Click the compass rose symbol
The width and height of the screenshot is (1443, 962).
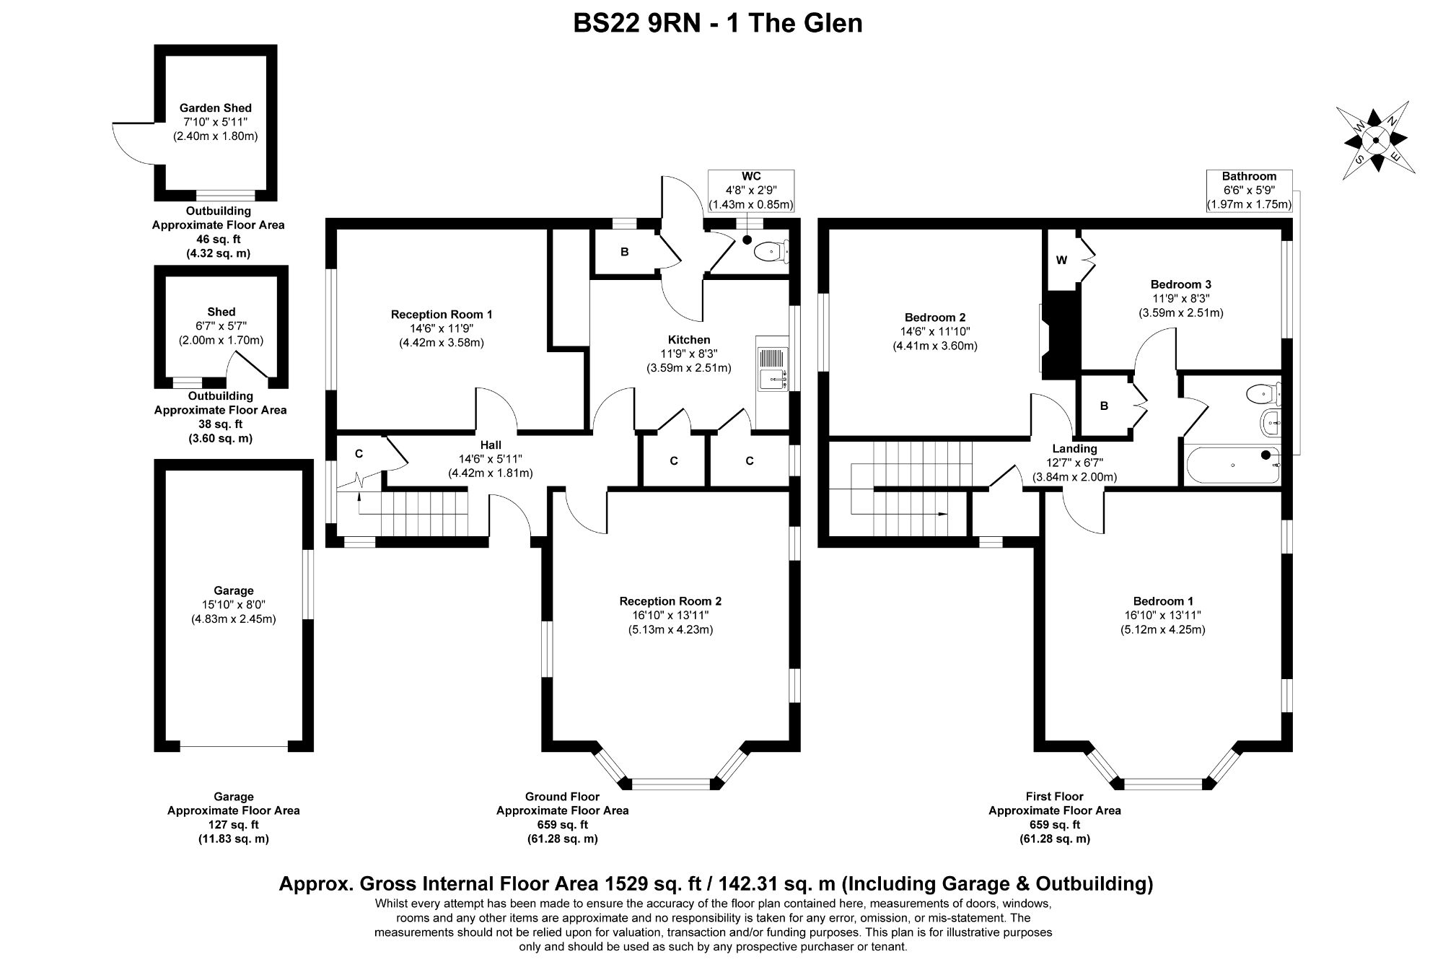pyautogui.click(x=1376, y=140)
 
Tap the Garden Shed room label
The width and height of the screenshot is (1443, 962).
pyautogui.click(x=216, y=108)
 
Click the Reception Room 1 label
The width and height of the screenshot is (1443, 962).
pyautogui.click(x=442, y=315)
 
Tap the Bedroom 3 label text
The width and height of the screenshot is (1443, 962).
pyautogui.click(x=1181, y=284)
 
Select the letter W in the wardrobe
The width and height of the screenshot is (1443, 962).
pyautogui.click(x=1061, y=261)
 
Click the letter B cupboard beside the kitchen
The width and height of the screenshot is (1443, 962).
pyautogui.click(x=625, y=252)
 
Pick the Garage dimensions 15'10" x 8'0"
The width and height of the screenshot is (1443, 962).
pyautogui.click(x=234, y=605)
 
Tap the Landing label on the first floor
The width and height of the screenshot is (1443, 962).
pyautogui.click(x=1074, y=449)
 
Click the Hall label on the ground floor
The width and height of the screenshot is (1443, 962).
pyautogui.click(x=491, y=445)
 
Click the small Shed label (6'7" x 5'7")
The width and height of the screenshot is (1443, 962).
pyautogui.click(x=222, y=312)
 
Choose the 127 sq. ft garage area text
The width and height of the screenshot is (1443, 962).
pyautogui.click(x=234, y=825)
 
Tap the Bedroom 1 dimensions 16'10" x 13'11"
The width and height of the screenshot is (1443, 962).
pyautogui.click(x=1162, y=616)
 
